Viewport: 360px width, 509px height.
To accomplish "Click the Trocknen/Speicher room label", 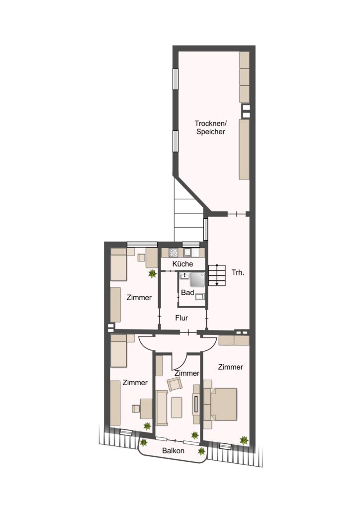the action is [210, 128].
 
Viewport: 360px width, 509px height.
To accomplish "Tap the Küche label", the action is [182, 264].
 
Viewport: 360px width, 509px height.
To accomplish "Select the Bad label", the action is [187, 292].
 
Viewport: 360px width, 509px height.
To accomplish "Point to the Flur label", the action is [181, 318].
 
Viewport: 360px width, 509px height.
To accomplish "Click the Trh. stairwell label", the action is [238, 273].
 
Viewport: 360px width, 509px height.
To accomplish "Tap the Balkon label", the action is [174, 450].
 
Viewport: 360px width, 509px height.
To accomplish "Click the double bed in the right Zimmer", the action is [220, 404].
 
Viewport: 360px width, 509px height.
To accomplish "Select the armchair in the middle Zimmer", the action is [175, 384].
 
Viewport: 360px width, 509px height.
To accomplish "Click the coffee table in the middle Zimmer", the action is [177, 407].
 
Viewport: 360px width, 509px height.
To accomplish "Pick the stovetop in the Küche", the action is [173, 252].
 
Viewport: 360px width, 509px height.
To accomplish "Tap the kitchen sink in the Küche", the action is [187, 252].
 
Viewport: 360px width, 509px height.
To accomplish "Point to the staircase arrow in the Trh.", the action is [217, 275].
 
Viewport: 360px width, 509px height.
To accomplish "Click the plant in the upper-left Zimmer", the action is [152, 274].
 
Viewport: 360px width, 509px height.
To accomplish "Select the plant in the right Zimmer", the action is [244, 440].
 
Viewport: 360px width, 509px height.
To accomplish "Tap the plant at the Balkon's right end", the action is [201, 451].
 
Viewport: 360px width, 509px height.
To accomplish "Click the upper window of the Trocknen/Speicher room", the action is [176, 79].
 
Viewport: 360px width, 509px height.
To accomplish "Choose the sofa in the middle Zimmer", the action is [162, 408].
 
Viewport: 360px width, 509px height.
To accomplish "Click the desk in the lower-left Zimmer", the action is [146, 409].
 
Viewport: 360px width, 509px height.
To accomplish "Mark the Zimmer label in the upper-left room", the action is [139, 297].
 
